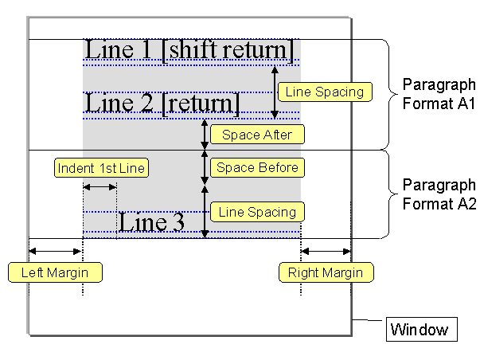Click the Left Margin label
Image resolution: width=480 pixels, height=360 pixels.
[x=54, y=273]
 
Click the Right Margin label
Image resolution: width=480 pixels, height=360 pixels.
[x=326, y=273]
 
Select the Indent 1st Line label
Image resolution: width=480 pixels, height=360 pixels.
[x=101, y=169]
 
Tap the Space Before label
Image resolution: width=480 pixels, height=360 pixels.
[x=256, y=167]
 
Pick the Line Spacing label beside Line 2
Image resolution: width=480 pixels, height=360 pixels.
[x=325, y=92]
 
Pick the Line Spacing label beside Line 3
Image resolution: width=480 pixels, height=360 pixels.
[x=256, y=212]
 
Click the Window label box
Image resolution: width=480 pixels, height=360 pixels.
[x=420, y=329]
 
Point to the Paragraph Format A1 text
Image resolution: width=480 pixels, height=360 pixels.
[x=438, y=93]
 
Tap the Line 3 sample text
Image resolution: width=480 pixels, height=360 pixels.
[x=151, y=222]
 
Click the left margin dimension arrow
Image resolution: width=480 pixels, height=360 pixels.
[x=55, y=252]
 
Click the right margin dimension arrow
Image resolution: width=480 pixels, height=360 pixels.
[x=326, y=252]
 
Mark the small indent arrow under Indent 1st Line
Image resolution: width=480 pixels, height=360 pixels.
[x=100, y=187]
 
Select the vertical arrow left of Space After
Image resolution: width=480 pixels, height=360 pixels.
[x=205, y=135]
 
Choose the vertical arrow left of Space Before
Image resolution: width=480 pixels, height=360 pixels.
[x=205, y=167]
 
